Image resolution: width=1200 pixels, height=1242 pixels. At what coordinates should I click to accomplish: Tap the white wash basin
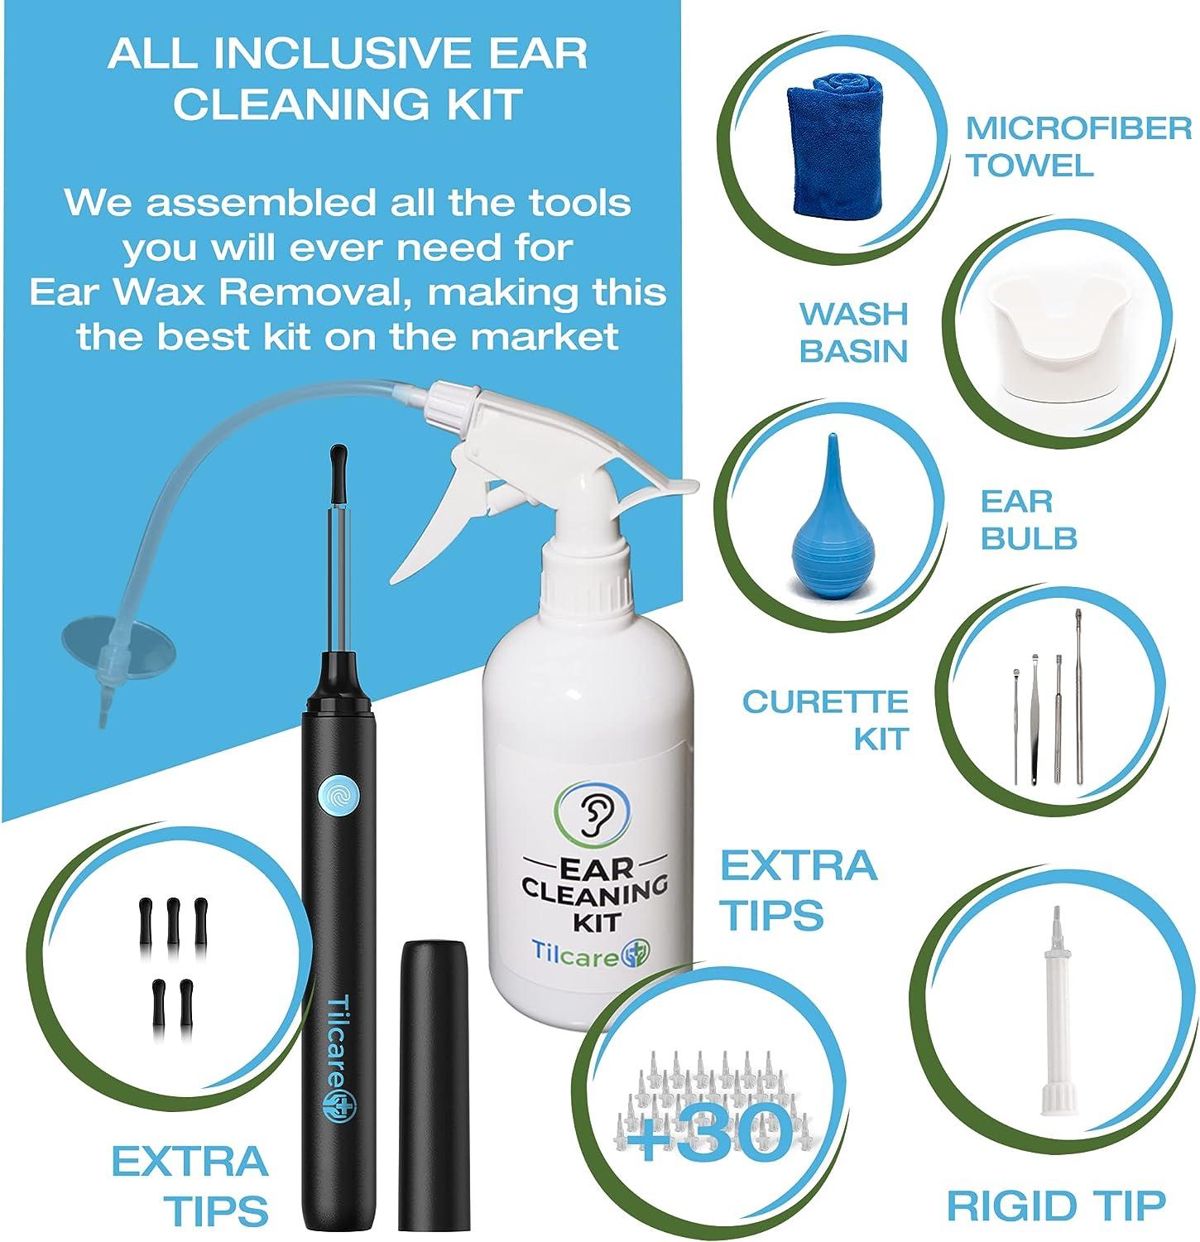point(1049,335)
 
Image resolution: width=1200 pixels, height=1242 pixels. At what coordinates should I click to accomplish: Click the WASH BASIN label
point(854,332)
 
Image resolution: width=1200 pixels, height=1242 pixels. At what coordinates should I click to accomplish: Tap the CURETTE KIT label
point(826,719)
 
